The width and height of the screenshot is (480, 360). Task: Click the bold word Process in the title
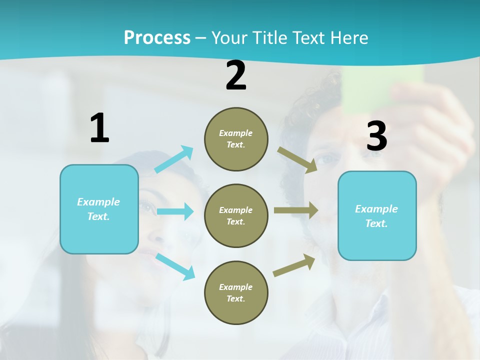pos(157,37)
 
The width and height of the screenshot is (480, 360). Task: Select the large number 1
pos(99,128)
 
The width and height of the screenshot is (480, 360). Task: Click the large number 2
pos(236,75)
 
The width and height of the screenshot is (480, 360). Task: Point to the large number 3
pos(376,136)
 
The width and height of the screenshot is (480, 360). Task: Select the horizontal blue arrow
pos(175,211)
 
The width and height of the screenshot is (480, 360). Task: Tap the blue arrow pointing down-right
pos(175,266)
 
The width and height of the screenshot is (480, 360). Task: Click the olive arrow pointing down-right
pos(297,159)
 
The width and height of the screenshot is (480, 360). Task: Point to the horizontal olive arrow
pos(296,210)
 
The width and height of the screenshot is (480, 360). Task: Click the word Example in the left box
pos(98,202)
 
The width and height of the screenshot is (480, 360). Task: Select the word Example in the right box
pos(376,209)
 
